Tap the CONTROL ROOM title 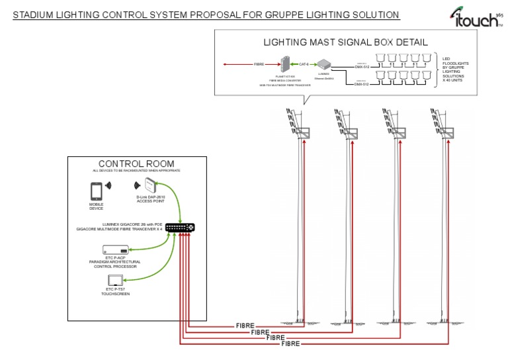point(136,163)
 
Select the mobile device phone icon point(97,191)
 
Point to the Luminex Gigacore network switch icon point(180,227)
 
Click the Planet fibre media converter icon point(286,64)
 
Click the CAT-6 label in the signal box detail point(304,64)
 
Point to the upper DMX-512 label point(362,66)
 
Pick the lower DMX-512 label point(362,84)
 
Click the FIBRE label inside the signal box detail point(261,64)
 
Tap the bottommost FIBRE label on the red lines point(290,344)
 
